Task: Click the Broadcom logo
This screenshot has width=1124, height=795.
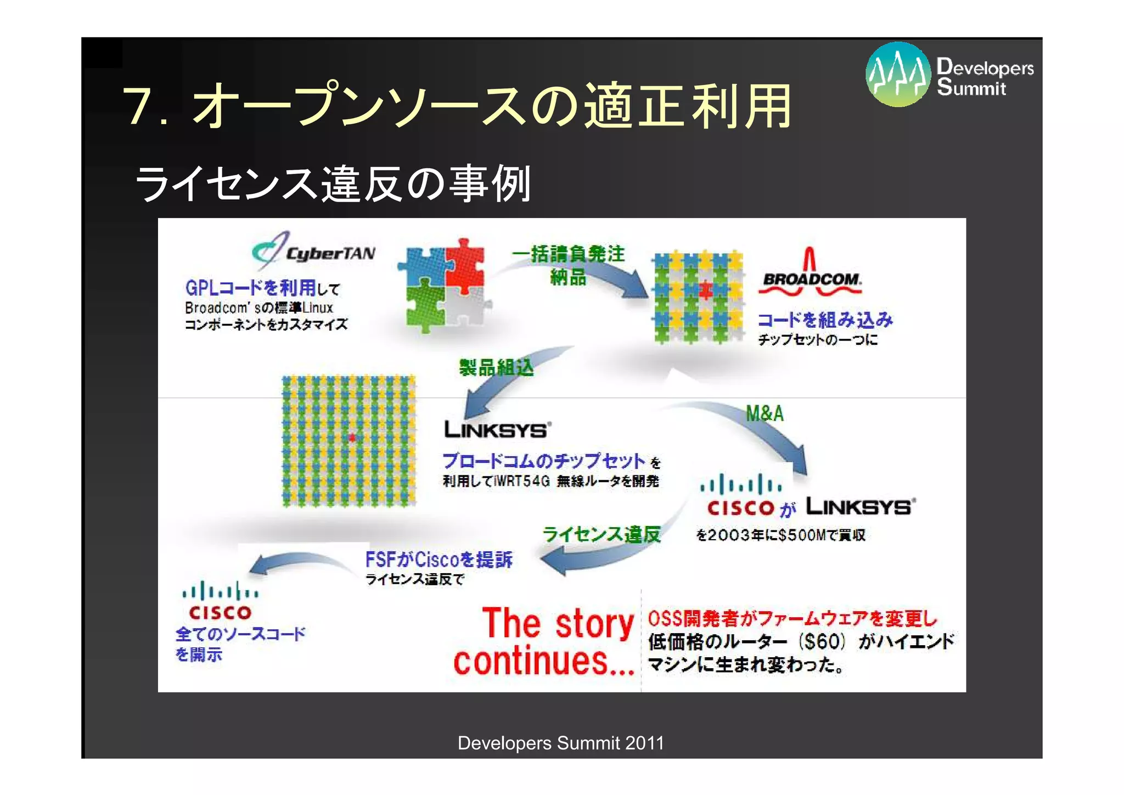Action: tap(811, 275)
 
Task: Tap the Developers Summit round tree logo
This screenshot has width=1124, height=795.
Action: tap(898, 74)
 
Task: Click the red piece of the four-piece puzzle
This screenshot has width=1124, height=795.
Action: tap(464, 264)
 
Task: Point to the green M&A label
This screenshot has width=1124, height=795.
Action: tap(765, 413)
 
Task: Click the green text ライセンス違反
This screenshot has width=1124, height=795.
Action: tap(602, 534)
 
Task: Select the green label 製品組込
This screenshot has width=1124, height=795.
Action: tap(496, 367)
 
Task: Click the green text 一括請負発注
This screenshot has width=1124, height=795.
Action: tap(569, 254)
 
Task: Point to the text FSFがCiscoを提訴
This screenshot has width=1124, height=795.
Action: tap(439, 559)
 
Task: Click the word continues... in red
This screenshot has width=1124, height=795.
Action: tap(543, 662)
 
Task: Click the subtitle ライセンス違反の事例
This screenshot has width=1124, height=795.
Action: tap(333, 184)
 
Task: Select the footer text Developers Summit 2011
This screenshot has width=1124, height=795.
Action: tap(560, 743)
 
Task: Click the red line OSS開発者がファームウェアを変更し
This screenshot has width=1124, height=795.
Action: tap(793, 619)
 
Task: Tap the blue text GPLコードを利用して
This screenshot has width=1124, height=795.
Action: tap(262, 288)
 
